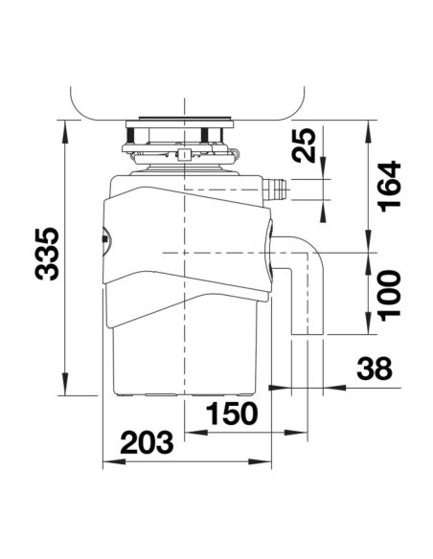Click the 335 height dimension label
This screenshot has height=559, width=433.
(x=47, y=254)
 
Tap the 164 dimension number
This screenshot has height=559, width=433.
(x=389, y=187)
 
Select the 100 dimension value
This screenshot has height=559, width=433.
(x=389, y=296)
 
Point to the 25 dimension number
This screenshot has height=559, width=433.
(x=304, y=145)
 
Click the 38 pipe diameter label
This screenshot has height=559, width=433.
(x=375, y=369)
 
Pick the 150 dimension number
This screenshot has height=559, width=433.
(x=232, y=414)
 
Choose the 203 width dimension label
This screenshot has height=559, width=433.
(x=147, y=442)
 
